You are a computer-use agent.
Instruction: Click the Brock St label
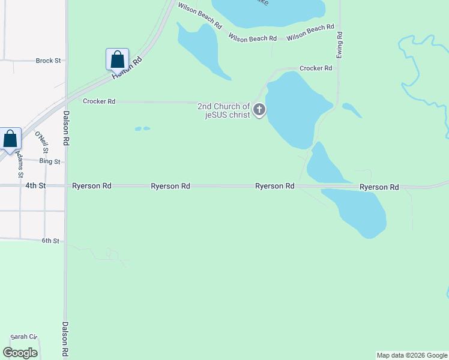(x=48, y=61)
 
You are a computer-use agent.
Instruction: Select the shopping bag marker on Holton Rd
(x=117, y=59)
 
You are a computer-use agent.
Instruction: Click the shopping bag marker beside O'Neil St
(x=10, y=139)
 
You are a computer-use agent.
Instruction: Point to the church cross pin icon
(x=259, y=109)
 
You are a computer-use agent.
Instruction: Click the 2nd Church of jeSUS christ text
(x=223, y=110)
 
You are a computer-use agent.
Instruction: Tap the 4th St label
(x=35, y=186)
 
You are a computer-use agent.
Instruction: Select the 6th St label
(x=50, y=241)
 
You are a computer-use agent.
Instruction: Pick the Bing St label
(x=50, y=161)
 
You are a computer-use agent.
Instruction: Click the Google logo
(x=20, y=352)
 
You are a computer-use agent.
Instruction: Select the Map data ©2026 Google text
(x=412, y=355)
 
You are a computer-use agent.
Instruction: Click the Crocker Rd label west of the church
(x=99, y=101)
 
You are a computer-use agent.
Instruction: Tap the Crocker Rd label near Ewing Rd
(x=316, y=68)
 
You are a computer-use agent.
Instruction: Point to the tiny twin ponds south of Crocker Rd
(x=142, y=128)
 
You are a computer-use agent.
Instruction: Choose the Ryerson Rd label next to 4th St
(x=91, y=186)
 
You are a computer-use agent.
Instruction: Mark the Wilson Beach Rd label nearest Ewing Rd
(x=310, y=32)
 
